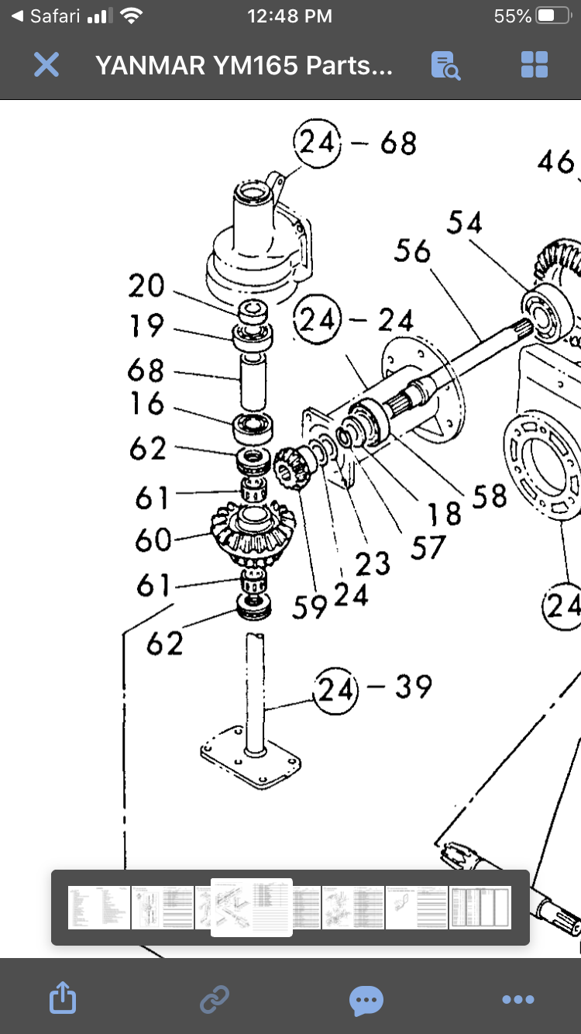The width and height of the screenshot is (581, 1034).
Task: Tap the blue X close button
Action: click(x=46, y=65)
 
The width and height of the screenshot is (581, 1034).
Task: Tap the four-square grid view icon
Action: click(x=535, y=65)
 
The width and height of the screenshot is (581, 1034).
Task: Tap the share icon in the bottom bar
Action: click(x=63, y=999)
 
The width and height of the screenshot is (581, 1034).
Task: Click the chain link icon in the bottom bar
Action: click(x=215, y=999)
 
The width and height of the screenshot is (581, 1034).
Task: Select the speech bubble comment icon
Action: click(x=366, y=999)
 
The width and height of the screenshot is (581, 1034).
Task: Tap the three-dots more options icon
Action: click(x=517, y=999)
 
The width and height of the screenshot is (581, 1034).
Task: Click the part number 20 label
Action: click(x=146, y=287)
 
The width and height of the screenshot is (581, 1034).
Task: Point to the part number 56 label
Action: click(x=412, y=250)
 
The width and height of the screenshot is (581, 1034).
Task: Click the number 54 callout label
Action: click(x=464, y=222)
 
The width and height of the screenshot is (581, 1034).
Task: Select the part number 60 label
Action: click(x=153, y=539)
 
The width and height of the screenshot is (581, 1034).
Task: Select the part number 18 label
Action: click(x=444, y=512)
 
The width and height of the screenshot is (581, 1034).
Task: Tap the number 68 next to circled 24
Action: click(x=398, y=143)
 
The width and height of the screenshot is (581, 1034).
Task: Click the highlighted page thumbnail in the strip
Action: click(x=252, y=907)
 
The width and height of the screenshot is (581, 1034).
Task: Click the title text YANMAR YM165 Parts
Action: click(x=244, y=65)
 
